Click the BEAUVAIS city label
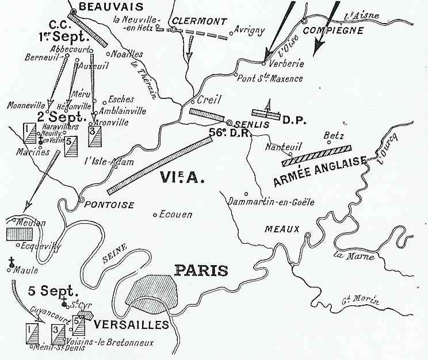[103, 6]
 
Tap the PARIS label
[201, 271]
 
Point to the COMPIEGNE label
[331, 30]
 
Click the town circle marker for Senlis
[230, 122]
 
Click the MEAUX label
[282, 229]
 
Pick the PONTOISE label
[110, 205]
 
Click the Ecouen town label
[176, 215]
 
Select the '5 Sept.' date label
[49, 291]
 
